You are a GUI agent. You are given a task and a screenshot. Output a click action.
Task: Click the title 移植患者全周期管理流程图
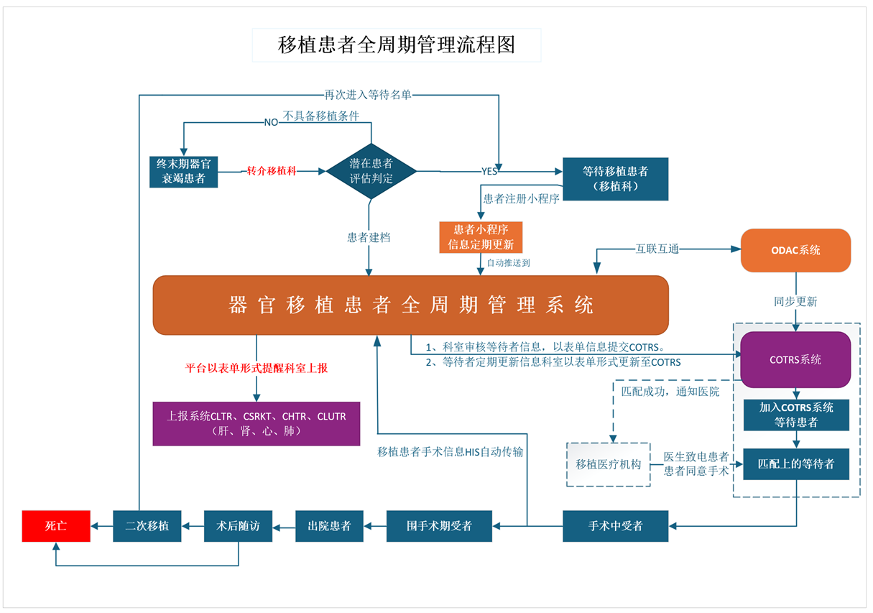coord(397,45)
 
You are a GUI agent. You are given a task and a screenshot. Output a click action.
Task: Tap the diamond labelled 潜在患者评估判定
coord(371,171)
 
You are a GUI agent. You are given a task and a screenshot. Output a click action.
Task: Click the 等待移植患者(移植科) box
coord(615,179)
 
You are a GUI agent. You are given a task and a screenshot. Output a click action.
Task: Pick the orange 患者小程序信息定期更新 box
coord(481,237)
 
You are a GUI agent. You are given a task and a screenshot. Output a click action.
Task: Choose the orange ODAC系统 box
coord(795,250)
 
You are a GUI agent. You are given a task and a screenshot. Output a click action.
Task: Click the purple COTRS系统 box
coord(795,359)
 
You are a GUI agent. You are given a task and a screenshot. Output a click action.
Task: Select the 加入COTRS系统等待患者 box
coord(796,415)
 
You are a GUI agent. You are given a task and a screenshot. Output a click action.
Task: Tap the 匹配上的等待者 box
coord(796,464)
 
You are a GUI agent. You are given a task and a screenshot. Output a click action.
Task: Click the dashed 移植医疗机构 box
coord(609,464)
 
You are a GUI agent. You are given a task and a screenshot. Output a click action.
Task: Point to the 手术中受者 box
coord(615,526)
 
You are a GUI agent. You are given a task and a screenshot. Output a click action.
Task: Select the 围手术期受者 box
coord(440,526)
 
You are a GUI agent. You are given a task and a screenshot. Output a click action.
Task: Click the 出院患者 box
coord(330,526)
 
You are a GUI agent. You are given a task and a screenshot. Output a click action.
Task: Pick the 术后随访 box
coord(239,526)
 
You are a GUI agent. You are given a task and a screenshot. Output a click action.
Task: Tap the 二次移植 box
coord(147,526)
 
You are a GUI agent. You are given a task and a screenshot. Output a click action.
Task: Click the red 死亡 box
coord(56,526)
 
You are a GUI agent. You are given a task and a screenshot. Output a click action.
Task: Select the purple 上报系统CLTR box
coord(257,424)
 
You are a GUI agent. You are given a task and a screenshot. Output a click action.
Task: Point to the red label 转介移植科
coord(272,171)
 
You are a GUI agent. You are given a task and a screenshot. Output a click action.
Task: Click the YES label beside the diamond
coord(489,171)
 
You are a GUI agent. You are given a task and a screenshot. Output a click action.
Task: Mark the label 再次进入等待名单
coord(368,94)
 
